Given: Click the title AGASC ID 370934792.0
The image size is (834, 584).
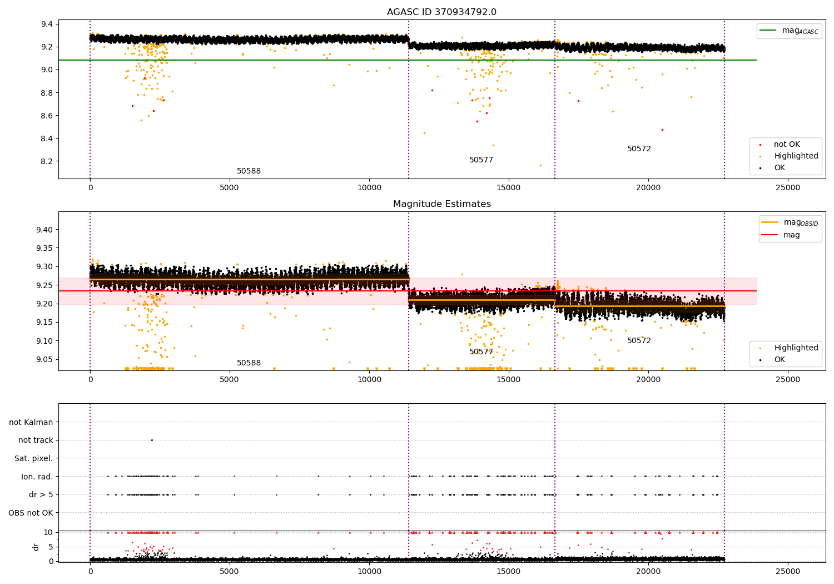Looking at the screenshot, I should pyautogui.click(x=441, y=12).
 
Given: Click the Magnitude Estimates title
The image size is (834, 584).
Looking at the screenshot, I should pyautogui.click(x=441, y=204).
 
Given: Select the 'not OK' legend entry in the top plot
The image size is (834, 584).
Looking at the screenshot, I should pyautogui.click(x=787, y=145).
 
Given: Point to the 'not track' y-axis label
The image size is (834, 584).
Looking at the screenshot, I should pyautogui.click(x=36, y=440).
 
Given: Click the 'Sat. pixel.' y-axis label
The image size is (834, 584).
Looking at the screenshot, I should pyautogui.click(x=33, y=458).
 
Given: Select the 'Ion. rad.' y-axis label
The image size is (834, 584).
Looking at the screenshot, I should pyautogui.click(x=37, y=477).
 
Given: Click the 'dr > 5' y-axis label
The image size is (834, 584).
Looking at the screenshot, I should pyautogui.click(x=41, y=494).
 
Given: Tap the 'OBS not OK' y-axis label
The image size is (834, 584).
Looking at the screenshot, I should pyautogui.click(x=31, y=513).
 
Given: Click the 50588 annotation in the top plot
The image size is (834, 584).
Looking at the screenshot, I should pyautogui.click(x=249, y=171).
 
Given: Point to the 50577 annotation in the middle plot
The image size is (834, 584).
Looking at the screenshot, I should pyautogui.click(x=481, y=352).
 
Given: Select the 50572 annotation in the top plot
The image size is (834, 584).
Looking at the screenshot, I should pyautogui.click(x=639, y=149).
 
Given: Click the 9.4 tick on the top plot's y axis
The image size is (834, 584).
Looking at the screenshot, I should pyautogui.click(x=46, y=24).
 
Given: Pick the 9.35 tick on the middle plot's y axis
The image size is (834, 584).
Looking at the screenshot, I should pyautogui.click(x=44, y=248).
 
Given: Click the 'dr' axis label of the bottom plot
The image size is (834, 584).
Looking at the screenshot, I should pyautogui.click(x=36, y=547).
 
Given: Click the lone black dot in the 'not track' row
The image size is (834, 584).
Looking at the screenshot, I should pyautogui.click(x=152, y=440).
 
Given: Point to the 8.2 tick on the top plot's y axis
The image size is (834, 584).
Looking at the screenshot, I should pyautogui.click(x=46, y=161).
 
